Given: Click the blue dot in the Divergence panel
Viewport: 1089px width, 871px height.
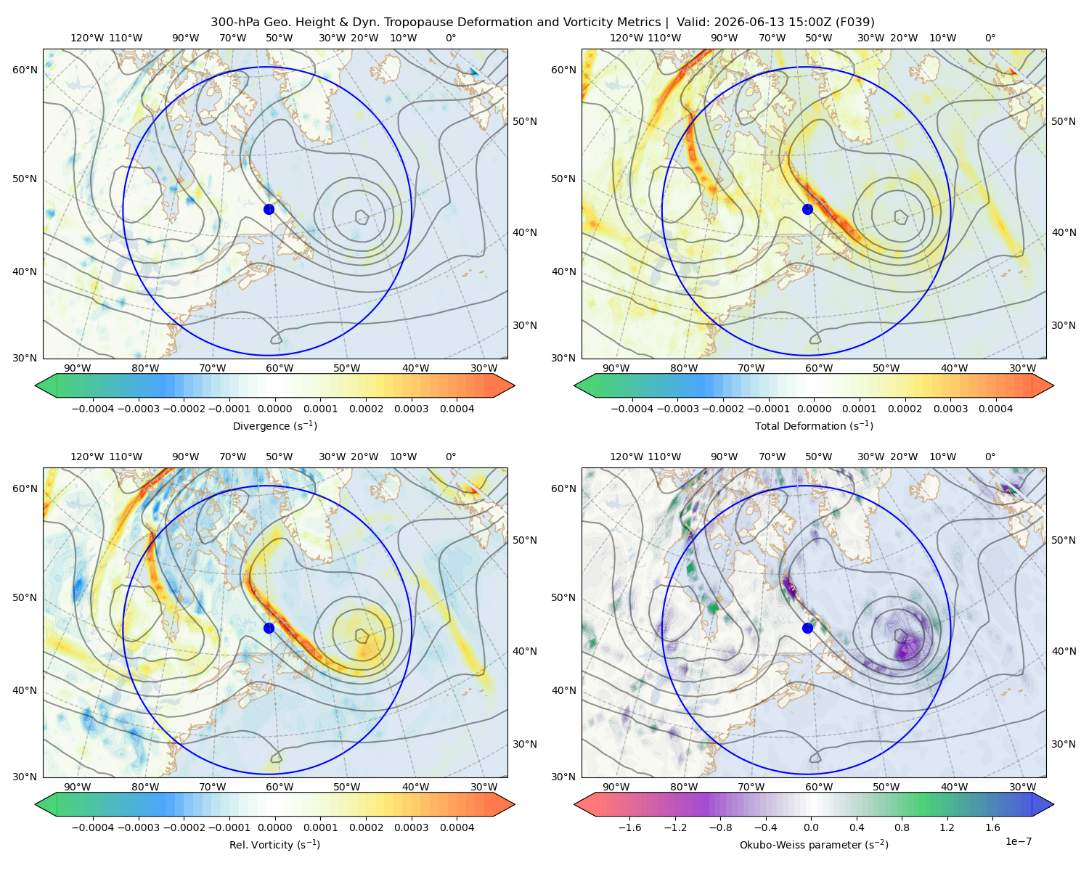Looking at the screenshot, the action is pyautogui.click(x=269, y=209).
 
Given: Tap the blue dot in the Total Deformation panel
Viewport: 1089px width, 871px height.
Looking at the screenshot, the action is pyautogui.click(x=807, y=209).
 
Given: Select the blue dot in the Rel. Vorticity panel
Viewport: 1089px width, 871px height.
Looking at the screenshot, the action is pyautogui.click(x=269, y=628).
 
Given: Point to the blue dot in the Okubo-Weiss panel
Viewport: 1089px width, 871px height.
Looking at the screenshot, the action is pyautogui.click(x=807, y=628).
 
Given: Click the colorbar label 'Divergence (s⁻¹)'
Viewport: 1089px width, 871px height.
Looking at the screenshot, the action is pyautogui.click(x=274, y=425).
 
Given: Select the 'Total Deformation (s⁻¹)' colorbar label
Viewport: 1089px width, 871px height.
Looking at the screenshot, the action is pyautogui.click(x=814, y=425).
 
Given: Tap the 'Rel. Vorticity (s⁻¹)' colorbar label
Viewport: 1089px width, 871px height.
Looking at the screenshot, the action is pyautogui.click(x=274, y=844).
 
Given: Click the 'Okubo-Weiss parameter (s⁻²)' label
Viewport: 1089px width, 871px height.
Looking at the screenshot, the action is pyautogui.click(x=814, y=844).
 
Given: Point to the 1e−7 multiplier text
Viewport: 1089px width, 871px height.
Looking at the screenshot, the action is pyautogui.click(x=1018, y=841).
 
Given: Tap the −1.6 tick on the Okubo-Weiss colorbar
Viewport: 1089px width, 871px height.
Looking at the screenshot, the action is pyautogui.click(x=629, y=827).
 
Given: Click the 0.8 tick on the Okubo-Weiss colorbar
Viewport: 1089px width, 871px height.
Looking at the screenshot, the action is pyautogui.click(x=902, y=827).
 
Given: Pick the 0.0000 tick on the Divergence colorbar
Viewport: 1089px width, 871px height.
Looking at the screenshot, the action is pyautogui.click(x=274, y=409).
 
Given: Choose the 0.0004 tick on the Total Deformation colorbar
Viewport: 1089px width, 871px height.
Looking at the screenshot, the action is pyautogui.click(x=995, y=409).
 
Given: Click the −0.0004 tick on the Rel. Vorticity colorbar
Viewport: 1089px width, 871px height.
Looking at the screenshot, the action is pyautogui.click(x=93, y=827).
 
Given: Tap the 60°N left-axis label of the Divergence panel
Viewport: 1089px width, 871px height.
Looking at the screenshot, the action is pyautogui.click(x=25, y=70).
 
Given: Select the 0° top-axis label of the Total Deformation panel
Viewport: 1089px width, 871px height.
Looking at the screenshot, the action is pyautogui.click(x=990, y=38).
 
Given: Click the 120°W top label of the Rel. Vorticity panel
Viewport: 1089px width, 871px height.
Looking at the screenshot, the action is pyautogui.click(x=87, y=457).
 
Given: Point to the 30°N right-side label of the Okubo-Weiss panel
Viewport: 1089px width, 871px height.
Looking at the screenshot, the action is pyautogui.click(x=1063, y=744).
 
